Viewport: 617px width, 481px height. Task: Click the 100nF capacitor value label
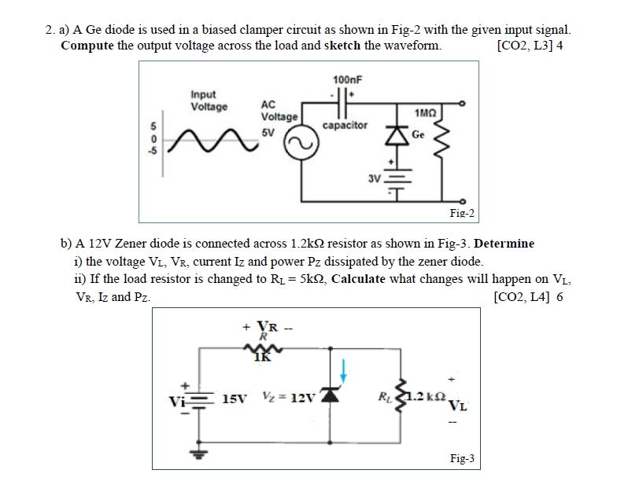click(346, 80)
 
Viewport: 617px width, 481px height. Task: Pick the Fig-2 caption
click(461, 213)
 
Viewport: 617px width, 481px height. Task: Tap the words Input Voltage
click(209, 101)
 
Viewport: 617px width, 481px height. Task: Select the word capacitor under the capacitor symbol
click(345, 126)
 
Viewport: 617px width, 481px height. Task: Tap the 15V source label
click(236, 398)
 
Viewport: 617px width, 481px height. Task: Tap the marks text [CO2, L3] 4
click(530, 45)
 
